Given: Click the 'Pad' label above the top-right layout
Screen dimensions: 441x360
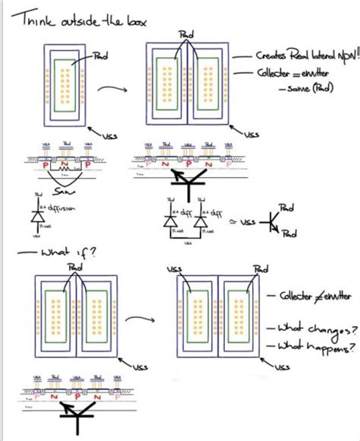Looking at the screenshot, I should tap(186, 34).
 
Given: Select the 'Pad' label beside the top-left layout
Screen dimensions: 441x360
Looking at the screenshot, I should tap(99, 56).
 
